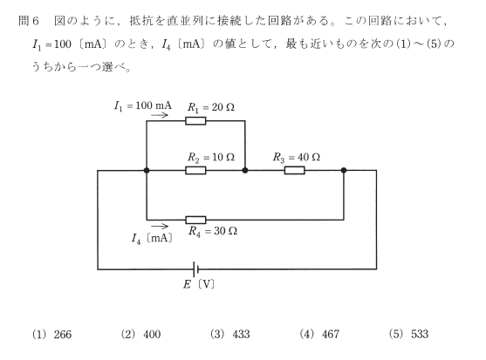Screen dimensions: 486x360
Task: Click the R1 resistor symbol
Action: [195, 120]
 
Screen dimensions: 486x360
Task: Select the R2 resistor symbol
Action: [195, 170]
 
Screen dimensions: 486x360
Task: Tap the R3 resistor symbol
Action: [294, 170]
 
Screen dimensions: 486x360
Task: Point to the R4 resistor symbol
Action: [195, 220]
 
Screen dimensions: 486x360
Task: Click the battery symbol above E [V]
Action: [195, 269]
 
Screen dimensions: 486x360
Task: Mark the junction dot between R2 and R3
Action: [245, 170]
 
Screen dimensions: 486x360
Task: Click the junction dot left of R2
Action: [147, 170]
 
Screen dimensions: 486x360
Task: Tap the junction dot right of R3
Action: [344, 170]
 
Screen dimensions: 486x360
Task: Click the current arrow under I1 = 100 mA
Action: [160, 115]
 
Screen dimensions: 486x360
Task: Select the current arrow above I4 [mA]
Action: [160, 226]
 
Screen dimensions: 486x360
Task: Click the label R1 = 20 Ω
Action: [211, 108]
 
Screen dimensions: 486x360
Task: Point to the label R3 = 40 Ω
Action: [297, 158]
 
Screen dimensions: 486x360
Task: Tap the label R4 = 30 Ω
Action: [213, 231]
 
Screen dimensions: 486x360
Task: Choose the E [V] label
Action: [199, 284]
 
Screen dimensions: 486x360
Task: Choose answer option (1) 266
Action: [51, 335]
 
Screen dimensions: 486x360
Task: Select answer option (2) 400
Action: [140, 335]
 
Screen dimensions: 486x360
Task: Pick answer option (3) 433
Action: [230, 335]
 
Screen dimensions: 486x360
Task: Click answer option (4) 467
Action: [319, 335]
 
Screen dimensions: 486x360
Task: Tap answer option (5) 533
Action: [409, 335]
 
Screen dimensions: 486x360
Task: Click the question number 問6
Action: [29, 21]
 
